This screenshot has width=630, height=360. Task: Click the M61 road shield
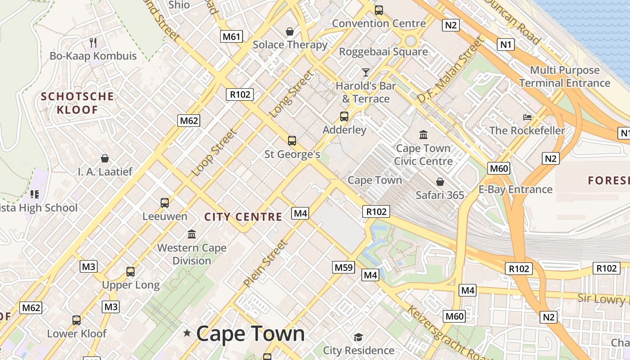tap(231, 36)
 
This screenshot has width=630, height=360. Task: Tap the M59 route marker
tap(344, 267)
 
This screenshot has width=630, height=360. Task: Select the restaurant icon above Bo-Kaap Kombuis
tap(93, 43)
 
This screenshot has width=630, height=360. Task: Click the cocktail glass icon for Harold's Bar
tap(365, 72)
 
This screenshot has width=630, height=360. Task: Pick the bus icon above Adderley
tap(344, 117)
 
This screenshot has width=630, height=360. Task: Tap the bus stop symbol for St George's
tap(292, 141)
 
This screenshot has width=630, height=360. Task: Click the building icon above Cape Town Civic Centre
tap(423, 135)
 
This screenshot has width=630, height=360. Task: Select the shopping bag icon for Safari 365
tap(440, 182)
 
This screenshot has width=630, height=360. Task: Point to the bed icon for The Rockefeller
tap(527, 117)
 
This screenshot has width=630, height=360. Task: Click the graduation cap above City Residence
tap(358, 337)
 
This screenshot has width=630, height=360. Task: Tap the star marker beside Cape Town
tap(187, 333)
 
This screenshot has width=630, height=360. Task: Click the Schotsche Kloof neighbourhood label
tap(77, 103)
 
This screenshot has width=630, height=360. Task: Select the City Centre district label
tap(243, 217)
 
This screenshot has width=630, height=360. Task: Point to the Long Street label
tap(291, 94)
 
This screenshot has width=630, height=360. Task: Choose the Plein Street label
tap(265, 264)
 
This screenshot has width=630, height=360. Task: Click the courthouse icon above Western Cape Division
tap(192, 234)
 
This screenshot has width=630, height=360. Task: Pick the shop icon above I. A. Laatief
tap(105, 158)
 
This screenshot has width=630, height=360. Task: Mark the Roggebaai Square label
tap(383, 52)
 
